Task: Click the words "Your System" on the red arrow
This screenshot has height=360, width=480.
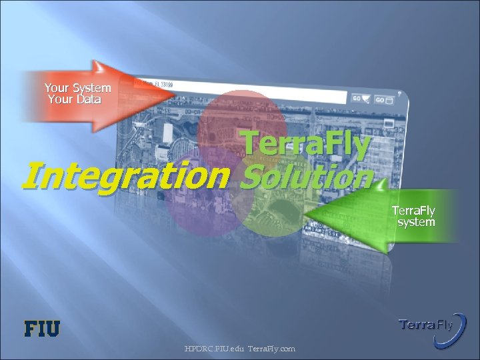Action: [77, 88]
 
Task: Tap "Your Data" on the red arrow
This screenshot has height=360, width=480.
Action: [75, 100]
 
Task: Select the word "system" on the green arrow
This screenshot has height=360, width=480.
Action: [416, 222]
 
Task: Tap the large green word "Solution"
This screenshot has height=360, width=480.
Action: [307, 177]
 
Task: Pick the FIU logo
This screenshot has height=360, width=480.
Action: [42, 328]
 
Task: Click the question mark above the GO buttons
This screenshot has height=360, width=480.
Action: [399, 91]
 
